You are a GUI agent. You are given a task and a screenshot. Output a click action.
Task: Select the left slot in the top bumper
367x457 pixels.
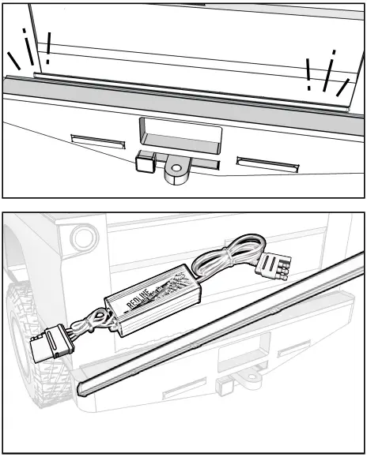coord(98,140)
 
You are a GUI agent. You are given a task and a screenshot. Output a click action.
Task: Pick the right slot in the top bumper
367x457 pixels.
coord(267,163)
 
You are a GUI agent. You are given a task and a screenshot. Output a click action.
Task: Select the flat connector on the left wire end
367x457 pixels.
coord(45,346)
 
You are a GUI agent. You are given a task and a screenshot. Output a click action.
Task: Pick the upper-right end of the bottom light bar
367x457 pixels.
coord(358,257)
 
